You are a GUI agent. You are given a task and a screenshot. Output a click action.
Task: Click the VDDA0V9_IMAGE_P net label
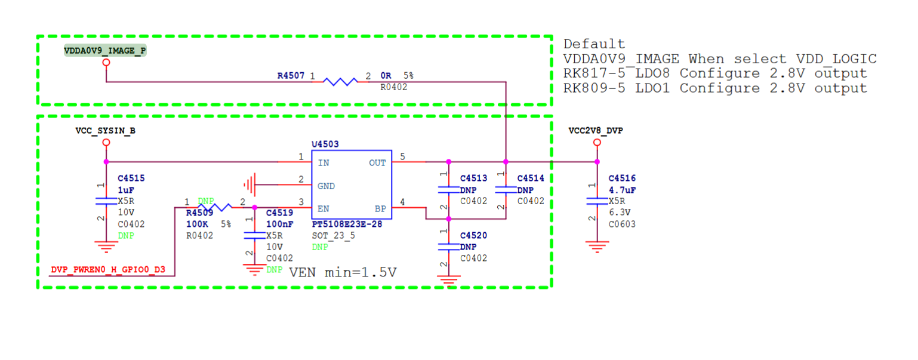[x=105, y=51]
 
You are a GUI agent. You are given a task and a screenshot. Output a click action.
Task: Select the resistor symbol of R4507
[x=340, y=81]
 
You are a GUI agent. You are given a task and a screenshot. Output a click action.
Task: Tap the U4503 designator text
[x=325, y=144]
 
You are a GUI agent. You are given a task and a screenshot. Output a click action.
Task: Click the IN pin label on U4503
[x=324, y=163]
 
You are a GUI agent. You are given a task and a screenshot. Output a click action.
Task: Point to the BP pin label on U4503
[x=380, y=209]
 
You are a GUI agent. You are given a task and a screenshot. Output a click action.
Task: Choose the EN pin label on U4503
[x=324, y=209]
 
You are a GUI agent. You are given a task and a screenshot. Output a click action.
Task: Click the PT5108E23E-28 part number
[x=347, y=224]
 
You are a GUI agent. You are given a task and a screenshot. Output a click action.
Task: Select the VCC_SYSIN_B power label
[x=105, y=130]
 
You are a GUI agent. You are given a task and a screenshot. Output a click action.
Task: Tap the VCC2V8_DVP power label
[x=596, y=130]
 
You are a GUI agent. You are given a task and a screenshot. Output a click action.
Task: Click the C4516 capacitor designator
[x=622, y=179]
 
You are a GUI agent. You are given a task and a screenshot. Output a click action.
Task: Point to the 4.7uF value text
[x=622, y=190]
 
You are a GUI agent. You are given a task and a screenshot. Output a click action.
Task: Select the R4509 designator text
[x=199, y=213]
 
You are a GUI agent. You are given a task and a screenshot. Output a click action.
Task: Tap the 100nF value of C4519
[x=279, y=224]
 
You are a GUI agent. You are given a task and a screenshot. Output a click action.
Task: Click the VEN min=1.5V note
[x=343, y=273]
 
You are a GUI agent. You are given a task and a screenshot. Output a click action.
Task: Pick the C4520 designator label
[x=473, y=235]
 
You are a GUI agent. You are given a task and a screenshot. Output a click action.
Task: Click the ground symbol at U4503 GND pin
[x=251, y=186]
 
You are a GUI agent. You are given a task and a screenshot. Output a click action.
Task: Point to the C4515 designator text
[x=131, y=179]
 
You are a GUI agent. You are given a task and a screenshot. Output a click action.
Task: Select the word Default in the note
[x=594, y=44]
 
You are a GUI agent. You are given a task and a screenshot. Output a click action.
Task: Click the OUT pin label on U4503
[x=377, y=163]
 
